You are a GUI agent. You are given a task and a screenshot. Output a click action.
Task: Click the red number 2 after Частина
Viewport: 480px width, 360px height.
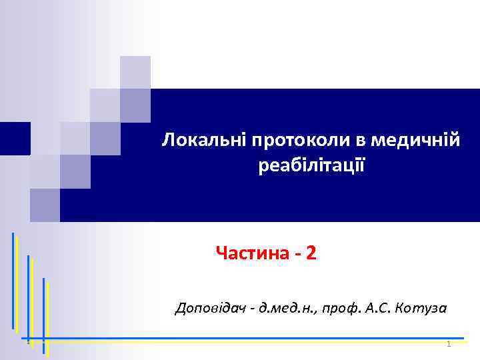click(x=312, y=253)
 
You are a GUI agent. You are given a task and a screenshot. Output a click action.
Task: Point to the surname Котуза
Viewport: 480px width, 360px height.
click(x=421, y=308)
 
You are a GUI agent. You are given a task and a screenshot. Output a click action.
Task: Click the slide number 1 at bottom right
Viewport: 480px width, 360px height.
click(x=449, y=344)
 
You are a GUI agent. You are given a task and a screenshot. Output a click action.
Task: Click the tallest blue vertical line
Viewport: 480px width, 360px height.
click(x=13, y=280)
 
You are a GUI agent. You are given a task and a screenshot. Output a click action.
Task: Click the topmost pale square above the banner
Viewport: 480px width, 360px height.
click(x=135, y=72)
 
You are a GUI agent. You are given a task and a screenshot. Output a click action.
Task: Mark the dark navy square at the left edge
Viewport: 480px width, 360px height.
click(x=15, y=138)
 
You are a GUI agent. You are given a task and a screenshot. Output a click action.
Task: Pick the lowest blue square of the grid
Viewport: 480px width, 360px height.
click(x=45, y=205)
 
